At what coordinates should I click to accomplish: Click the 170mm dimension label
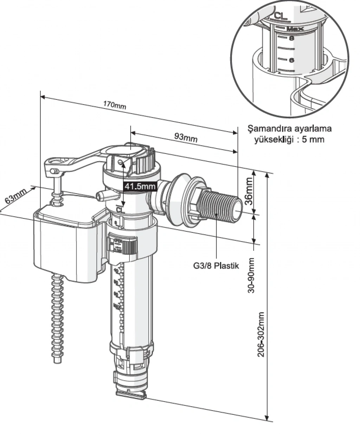[114, 105]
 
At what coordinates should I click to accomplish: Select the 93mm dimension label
[186, 137]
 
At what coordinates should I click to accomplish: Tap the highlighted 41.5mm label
[140, 186]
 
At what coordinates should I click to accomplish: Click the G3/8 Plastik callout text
[216, 266]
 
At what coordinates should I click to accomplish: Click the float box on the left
[67, 246]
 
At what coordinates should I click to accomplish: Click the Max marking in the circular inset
[295, 29]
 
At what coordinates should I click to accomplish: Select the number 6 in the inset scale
[291, 60]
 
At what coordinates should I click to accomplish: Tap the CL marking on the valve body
[120, 210]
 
